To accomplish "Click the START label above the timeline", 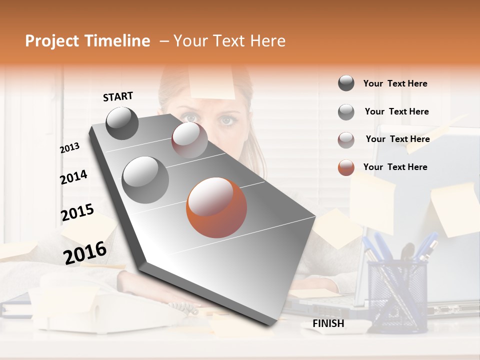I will point(118,96).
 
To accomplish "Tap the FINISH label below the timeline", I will point(328,323).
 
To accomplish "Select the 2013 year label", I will point(70,148).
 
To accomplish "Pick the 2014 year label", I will point(73,177).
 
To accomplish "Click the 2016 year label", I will point(84,252).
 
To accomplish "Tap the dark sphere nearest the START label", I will point(122,123).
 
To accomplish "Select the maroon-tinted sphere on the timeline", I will point(189,140).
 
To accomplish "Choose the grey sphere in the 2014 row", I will point(145,179).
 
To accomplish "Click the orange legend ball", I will point(346,167).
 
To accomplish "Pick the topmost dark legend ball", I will point(346,83).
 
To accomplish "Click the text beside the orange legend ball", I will point(395,167).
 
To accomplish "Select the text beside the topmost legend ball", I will point(395,83).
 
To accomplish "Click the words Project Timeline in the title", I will point(87,41).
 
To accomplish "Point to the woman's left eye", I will point(227,120).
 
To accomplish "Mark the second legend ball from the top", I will point(346,112).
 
